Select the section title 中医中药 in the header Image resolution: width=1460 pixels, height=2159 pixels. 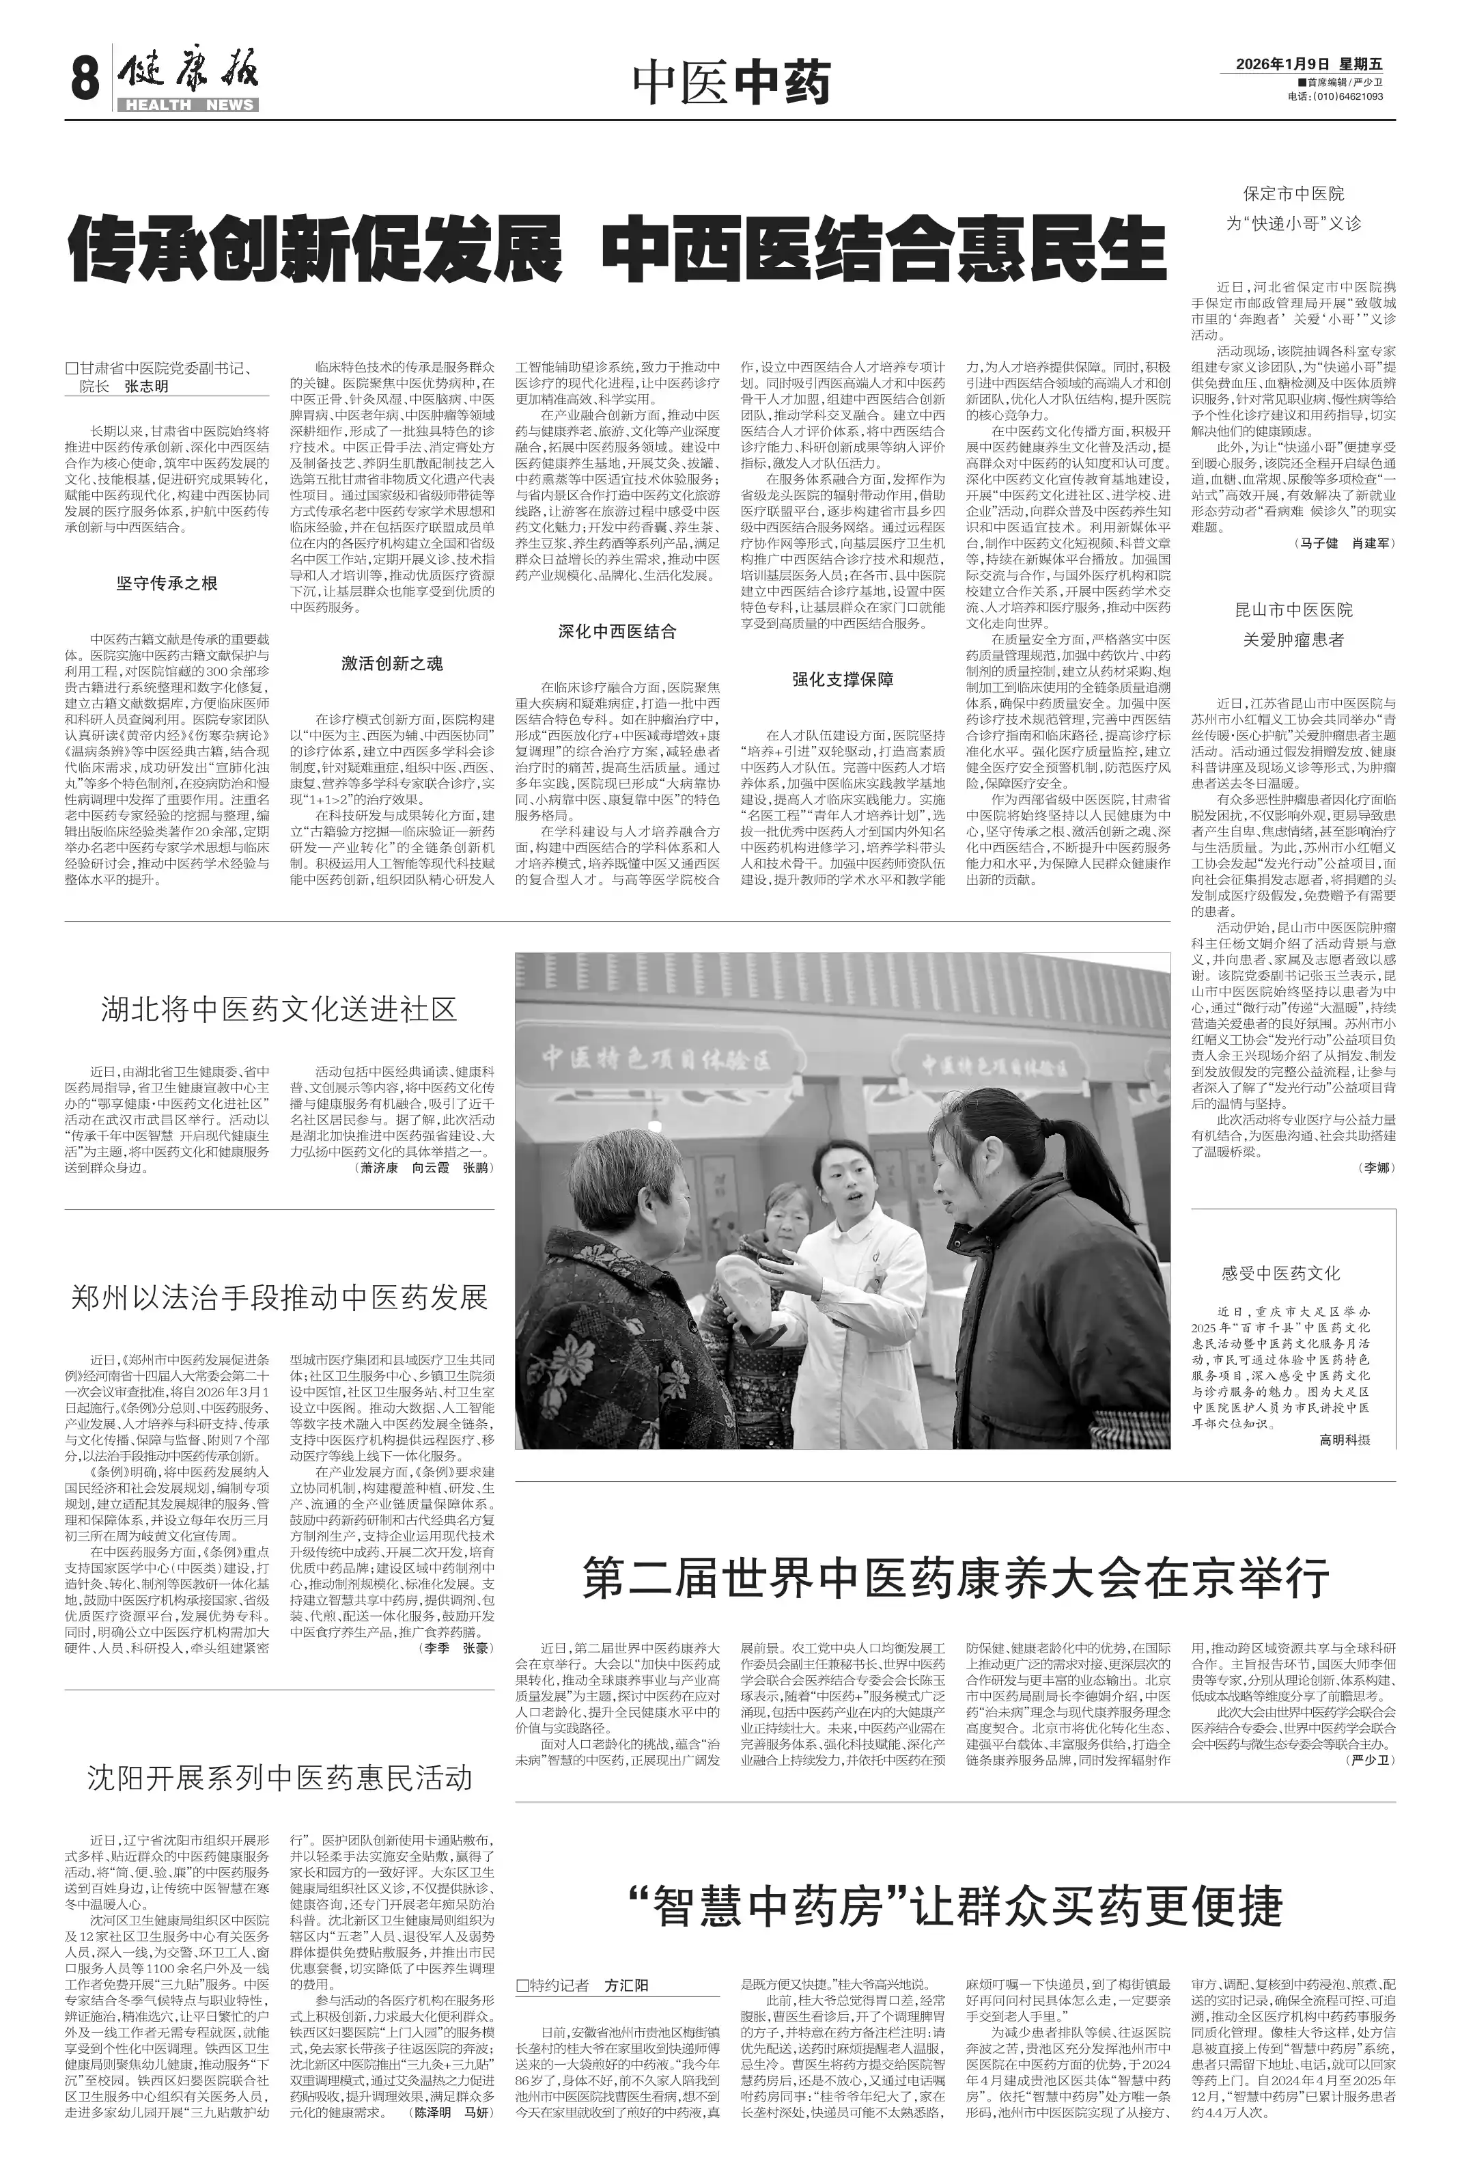tap(730, 83)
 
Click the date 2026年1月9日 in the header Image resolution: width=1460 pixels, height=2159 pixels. tap(1282, 64)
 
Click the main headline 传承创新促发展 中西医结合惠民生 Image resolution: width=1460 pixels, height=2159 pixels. tap(617, 249)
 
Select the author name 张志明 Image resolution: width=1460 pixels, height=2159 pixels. tap(147, 387)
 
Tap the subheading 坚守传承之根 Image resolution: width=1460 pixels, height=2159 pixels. tap(167, 583)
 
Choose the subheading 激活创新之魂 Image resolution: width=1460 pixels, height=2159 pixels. tap(392, 663)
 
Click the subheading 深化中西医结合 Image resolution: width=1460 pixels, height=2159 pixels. tap(617, 632)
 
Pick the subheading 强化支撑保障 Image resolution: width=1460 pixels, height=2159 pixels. tap(843, 679)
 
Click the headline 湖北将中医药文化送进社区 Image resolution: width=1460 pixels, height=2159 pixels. tap(279, 1010)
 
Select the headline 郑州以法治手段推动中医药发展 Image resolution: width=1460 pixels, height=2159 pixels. tap(279, 1298)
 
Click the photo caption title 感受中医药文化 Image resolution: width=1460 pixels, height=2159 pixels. tap(1281, 1274)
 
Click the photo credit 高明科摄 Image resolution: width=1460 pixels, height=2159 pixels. tap(1345, 1440)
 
